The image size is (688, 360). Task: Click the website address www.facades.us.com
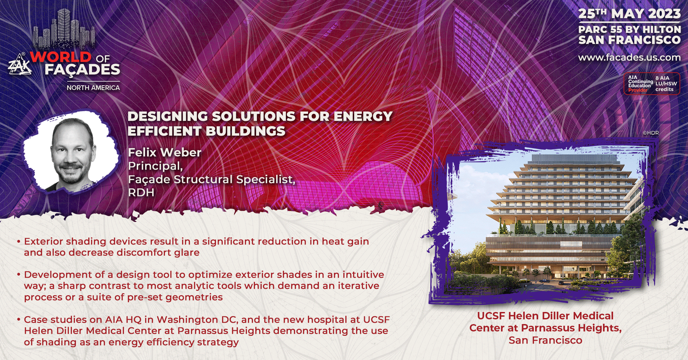click(x=629, y=57)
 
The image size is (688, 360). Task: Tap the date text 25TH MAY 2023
click(x=629, y=14)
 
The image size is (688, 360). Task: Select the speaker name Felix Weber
click(x=165, y=152)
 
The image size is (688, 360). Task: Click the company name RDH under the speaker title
click(x=141, y=192)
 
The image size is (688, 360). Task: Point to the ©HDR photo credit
click(x=651, y=133)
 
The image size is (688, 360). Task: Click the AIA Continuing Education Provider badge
click(x=652, y=84)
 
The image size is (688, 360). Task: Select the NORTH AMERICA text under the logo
click(x=93, y=88)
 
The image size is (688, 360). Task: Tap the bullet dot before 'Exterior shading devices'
click(x=19, y=241)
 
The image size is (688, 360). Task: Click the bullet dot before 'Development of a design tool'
click(x=19, y=274)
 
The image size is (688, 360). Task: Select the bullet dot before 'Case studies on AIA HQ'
click(x=19, y=319)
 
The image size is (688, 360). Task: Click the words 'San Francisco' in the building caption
click(x=545, y=340)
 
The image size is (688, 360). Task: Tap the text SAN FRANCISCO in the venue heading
click(x=629, y=40)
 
